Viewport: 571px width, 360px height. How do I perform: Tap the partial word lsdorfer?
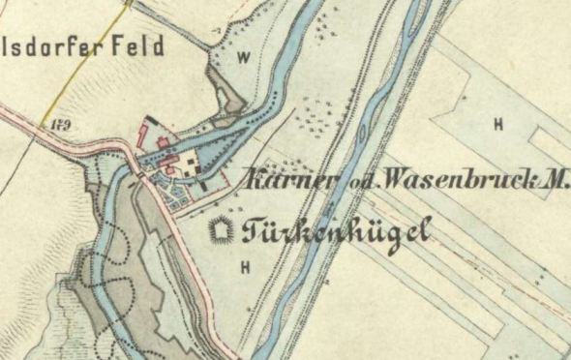[57, 45]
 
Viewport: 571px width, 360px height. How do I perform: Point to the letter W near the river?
[243, 57]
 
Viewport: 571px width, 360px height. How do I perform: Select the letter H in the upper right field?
[498, 124]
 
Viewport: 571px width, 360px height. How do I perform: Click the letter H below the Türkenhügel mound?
[246, 265]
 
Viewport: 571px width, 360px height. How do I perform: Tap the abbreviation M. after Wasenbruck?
[558, 180]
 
